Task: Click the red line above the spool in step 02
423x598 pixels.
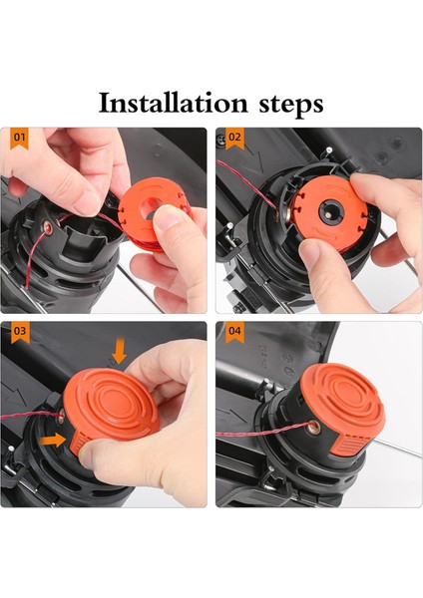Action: coord(329,170)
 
